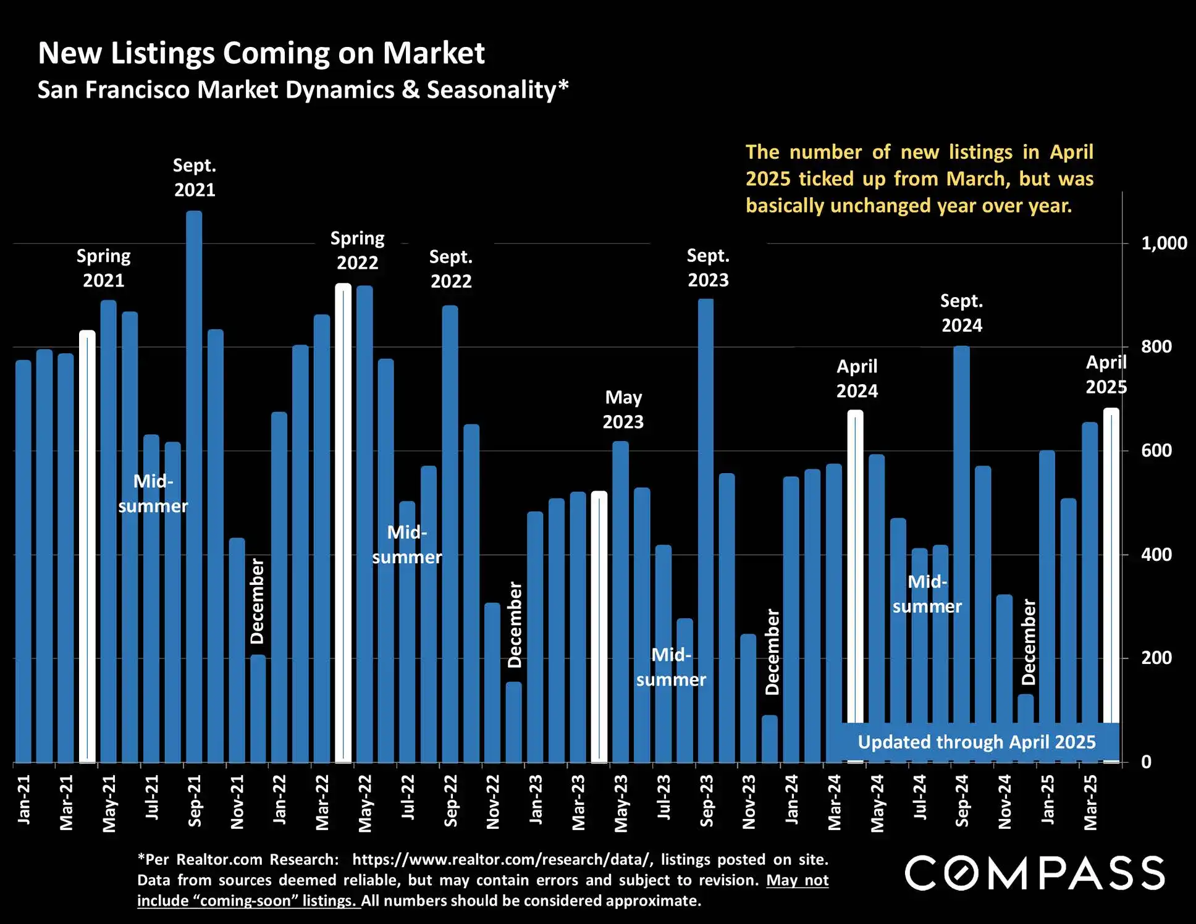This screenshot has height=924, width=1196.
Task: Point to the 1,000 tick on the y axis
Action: (1164, 243)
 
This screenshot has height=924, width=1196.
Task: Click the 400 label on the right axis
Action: (1156, 555)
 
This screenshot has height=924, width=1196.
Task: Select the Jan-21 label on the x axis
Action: (24, 799)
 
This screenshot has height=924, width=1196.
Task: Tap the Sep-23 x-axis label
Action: (707, 800)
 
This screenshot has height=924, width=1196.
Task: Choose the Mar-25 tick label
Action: (1091, 802)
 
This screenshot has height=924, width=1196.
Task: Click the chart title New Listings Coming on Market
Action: (261, 53)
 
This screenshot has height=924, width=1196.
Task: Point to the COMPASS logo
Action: (1035, 873)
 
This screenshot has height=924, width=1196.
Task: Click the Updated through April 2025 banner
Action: (977, 742)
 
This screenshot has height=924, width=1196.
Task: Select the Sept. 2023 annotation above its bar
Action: (708, 267)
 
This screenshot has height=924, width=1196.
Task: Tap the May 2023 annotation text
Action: (623, 409)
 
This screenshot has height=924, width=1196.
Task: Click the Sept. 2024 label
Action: (961, 313)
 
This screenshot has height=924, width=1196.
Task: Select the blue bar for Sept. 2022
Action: (450, 531)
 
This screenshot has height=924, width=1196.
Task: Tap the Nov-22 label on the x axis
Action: (493, 801)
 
